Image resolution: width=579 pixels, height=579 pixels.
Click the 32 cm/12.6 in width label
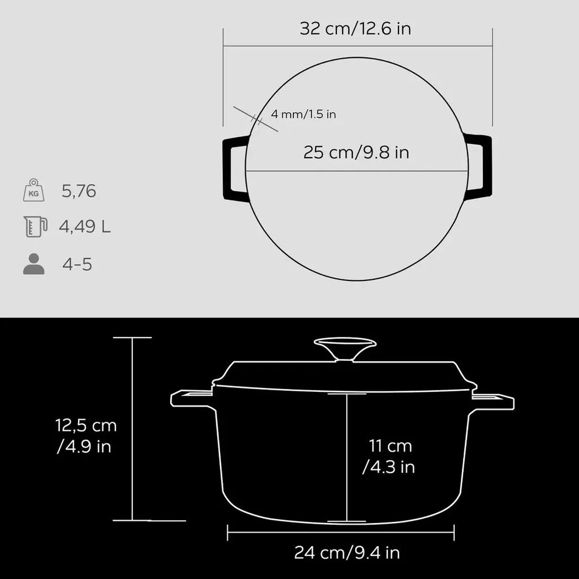tap(355, 28)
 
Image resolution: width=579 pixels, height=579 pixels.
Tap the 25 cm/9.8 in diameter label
tap(356, 152)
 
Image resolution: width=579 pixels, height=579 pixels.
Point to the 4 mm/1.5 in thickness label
tap(303, 114)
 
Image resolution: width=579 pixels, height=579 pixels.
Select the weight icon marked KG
tap(34, 191)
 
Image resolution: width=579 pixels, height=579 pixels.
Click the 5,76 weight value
tap(79, 192)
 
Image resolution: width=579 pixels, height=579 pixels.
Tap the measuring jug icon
tap(35, 226)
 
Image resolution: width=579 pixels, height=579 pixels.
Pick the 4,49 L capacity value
tap(85, 226)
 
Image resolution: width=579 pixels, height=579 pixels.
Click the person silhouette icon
tap(34, 264)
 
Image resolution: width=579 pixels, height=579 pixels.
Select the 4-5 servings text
tap(77, 264)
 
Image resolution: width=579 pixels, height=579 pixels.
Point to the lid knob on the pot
tap(345, 348)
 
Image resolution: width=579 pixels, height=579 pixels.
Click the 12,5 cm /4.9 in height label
tap(85, 436)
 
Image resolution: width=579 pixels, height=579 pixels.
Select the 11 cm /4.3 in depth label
tap(390, 456)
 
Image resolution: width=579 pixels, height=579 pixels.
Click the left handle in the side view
tap(191, 399)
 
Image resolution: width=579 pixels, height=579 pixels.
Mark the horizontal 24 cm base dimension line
tap(340, 533)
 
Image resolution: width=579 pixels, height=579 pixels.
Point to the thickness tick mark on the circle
tap(257, 119)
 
